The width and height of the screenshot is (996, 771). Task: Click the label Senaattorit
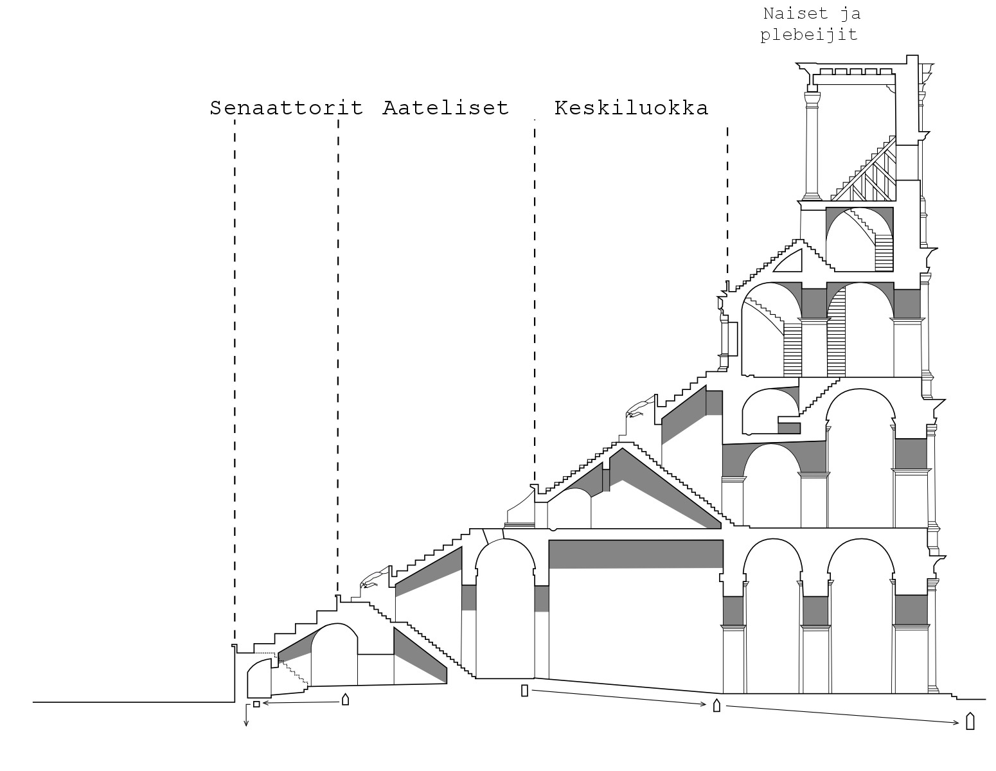tap(286, 108)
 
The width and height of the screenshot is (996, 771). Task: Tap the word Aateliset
tap(445, 108)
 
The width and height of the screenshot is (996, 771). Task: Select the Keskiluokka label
tap(631, 108)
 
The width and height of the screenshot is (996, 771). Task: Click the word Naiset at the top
tap(796, 13)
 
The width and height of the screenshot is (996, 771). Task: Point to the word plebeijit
tap(808, 35)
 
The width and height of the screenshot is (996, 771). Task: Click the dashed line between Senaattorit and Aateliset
tap(338, 357)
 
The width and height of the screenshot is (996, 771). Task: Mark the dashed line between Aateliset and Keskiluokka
tap(535, 303)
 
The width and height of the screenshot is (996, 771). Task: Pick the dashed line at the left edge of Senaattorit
tap(235, 380)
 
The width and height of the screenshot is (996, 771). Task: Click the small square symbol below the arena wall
tap(256, 704)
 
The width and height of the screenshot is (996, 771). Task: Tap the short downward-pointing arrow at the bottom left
tap(246, 715)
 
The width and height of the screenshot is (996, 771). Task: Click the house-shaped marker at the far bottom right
tap(970, 721)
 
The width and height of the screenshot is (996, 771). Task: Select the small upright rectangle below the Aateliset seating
tap(525, 691)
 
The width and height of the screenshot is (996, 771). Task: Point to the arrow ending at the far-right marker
tap(842, 714)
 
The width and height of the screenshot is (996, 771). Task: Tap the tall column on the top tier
tap(812, 146)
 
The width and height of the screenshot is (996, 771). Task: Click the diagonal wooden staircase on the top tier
tap(864, 168)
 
